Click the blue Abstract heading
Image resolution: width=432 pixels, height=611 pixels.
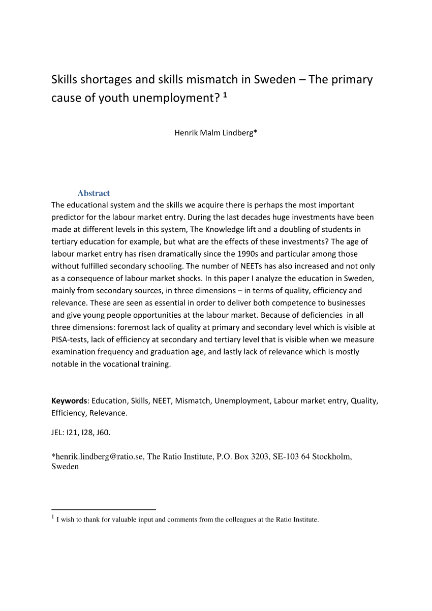click(94, 193)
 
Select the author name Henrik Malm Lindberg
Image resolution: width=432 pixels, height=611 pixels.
click(215, 133)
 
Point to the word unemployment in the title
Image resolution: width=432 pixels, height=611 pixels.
click(175, 98)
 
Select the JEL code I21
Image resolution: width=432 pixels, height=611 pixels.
click(75, 433)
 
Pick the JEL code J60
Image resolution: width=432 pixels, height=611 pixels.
click(103, 433)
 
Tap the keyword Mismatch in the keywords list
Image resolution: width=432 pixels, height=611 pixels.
click(193, 401)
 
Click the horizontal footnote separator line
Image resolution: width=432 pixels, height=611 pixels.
click(103, 509)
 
